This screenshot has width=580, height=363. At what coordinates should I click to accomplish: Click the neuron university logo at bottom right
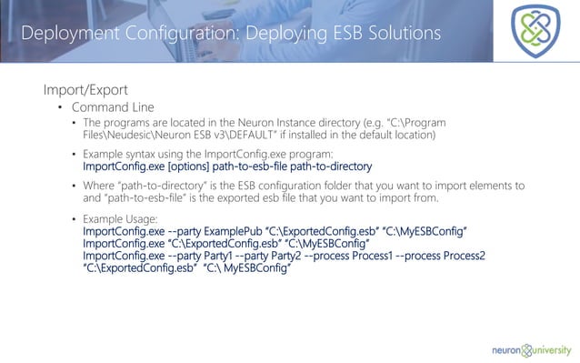pyautogui.click(x=532, y=347)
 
